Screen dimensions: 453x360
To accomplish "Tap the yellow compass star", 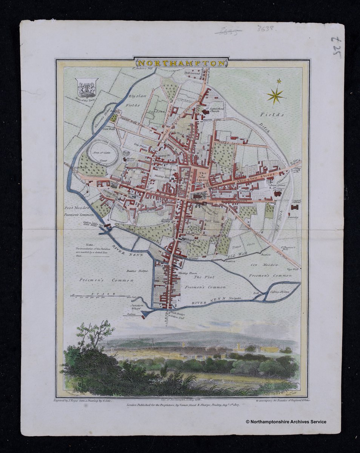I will coord(275,95).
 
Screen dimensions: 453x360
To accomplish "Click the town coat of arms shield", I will coord(86,88).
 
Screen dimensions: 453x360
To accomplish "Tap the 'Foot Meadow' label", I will coord(77,208).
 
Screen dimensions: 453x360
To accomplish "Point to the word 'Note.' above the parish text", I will coord(89,245).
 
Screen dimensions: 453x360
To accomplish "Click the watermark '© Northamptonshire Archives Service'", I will coord(286,422).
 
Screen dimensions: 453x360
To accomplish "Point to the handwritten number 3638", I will coord(266,28).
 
